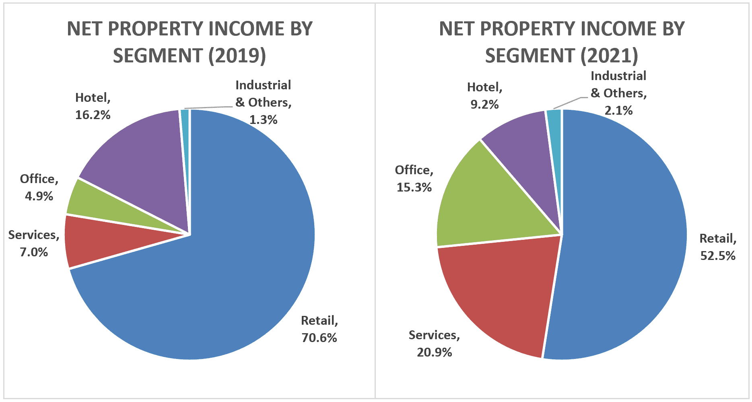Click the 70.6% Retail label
pyautogui.click(x=319, y=329)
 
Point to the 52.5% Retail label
pyautogui.click(x=718, y=247)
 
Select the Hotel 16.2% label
pyautogui.click(x=93, y=106)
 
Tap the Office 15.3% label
pyautogui.click(x=414, y=179)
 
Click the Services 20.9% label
pyautogui.click(x=435, y=344)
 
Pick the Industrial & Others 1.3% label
pyautogui.click(x=263, y=102)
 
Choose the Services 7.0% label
pyautogui.click(x=34, y=243)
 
